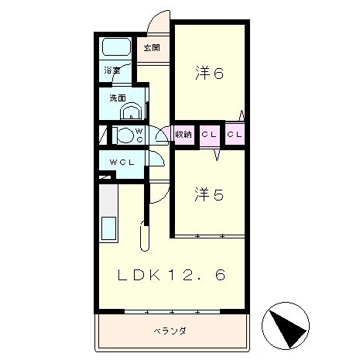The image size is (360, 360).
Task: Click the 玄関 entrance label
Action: click(151, 48)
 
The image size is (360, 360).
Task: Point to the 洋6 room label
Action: click(209, 74)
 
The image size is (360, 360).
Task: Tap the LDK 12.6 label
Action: click(172, 275)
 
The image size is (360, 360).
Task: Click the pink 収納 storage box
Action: click(183, 135)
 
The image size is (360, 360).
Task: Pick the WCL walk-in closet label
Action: click(122, 162)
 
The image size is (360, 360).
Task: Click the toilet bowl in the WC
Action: click(124, 135)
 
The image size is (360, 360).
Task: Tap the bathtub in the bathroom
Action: click(117, 47)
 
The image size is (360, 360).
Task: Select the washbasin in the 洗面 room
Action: click(131, 111)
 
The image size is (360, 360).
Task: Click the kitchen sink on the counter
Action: click(108, 230)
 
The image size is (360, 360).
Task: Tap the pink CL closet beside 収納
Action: click(209, 135)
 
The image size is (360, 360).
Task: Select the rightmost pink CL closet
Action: click(235, 135)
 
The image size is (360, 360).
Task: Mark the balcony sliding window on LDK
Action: click(171, 311)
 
